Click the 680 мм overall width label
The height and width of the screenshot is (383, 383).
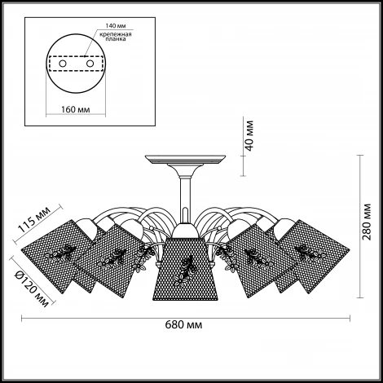point(183,324)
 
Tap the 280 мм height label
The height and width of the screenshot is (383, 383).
point(367,221)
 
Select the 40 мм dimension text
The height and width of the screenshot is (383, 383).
point(249,135)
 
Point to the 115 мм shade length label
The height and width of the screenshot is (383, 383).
point(34,219)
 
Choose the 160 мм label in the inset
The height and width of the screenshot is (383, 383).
point(75,109)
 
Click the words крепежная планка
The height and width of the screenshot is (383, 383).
point(116,37)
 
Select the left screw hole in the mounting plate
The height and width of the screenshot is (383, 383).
point(63,64)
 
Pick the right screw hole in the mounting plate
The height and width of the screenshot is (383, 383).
point(90,64)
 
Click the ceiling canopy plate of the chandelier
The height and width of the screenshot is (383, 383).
point(186,160)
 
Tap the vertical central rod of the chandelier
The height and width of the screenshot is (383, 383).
point(186,193)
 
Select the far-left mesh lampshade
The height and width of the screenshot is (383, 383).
point(59,257)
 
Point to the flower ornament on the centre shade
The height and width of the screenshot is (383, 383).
point(183,271)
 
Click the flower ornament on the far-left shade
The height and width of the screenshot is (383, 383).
point(59,253)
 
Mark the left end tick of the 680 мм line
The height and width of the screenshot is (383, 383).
point(22,318)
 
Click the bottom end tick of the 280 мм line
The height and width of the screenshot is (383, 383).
point(360,297)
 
